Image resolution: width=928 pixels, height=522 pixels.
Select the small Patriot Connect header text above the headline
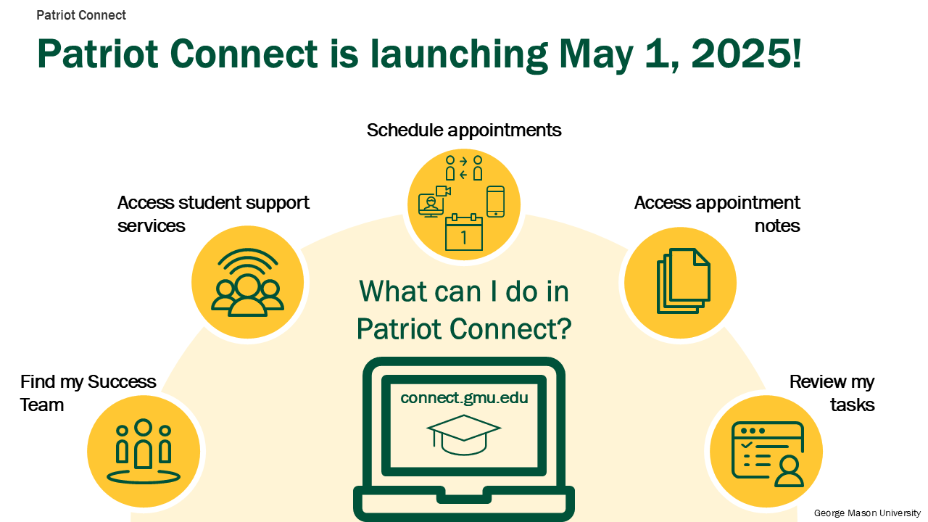[81, 15]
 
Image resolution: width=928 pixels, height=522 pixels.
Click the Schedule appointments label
[464, 130]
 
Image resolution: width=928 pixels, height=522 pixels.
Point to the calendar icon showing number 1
[464, 232]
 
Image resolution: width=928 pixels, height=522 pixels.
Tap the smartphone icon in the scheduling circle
[495, 202]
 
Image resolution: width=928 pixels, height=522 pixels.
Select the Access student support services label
[213, 214]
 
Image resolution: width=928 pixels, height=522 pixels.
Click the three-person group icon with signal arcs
[248, 283]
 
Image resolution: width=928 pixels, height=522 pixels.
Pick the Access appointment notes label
[717, 214]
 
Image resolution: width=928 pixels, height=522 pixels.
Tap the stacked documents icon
[684, 281]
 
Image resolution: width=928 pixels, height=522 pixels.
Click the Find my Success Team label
[88, 393]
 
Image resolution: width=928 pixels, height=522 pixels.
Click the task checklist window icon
[768, 454]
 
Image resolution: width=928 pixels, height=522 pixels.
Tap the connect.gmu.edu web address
[464, 398]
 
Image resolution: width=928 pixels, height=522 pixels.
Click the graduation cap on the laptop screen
[464, 434]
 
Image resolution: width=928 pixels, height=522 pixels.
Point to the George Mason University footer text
[866, 513]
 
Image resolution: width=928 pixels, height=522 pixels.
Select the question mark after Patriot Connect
[565, 328]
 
